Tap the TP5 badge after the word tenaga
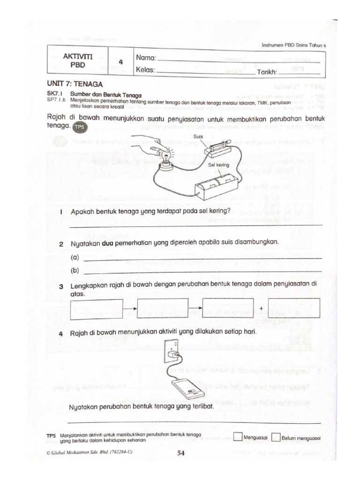(80, 127)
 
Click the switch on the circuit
(219, 150)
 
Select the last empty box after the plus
(294, 308)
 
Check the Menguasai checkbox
(237, 438)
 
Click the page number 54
(181, 453)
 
